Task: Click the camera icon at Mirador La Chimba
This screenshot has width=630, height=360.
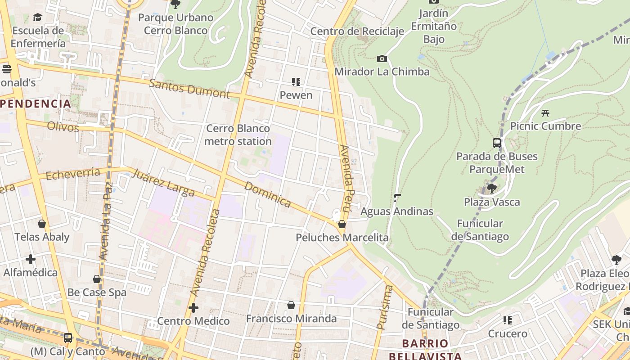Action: (382, 58)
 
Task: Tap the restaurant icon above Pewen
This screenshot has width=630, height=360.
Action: (296, 82)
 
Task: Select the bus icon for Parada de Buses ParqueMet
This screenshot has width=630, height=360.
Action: (497, 143)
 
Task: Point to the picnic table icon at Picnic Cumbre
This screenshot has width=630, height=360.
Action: (545, 113)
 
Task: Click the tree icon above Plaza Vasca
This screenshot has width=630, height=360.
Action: (492, 188)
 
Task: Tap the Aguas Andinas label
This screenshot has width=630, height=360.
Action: (397, 211)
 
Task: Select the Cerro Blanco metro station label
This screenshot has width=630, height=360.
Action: (238, 135)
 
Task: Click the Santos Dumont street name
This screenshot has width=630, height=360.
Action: (189, 88)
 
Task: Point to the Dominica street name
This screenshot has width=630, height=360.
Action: (268, 194)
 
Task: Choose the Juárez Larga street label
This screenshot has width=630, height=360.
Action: (163, 182)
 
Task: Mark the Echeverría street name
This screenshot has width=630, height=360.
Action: (73, 173)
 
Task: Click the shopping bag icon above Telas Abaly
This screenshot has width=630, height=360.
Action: (42, 224)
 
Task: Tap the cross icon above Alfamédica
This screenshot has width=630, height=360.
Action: (31, 259)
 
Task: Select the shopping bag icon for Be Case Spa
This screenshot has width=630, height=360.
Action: (97, 279)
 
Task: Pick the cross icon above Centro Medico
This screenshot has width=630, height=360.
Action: (193, 308)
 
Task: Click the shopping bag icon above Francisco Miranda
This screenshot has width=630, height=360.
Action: (291, 305)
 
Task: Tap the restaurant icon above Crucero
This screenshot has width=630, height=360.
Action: (508, 320)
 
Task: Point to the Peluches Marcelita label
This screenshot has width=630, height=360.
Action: (342, 237)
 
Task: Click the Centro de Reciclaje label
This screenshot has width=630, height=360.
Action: (357, 31)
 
